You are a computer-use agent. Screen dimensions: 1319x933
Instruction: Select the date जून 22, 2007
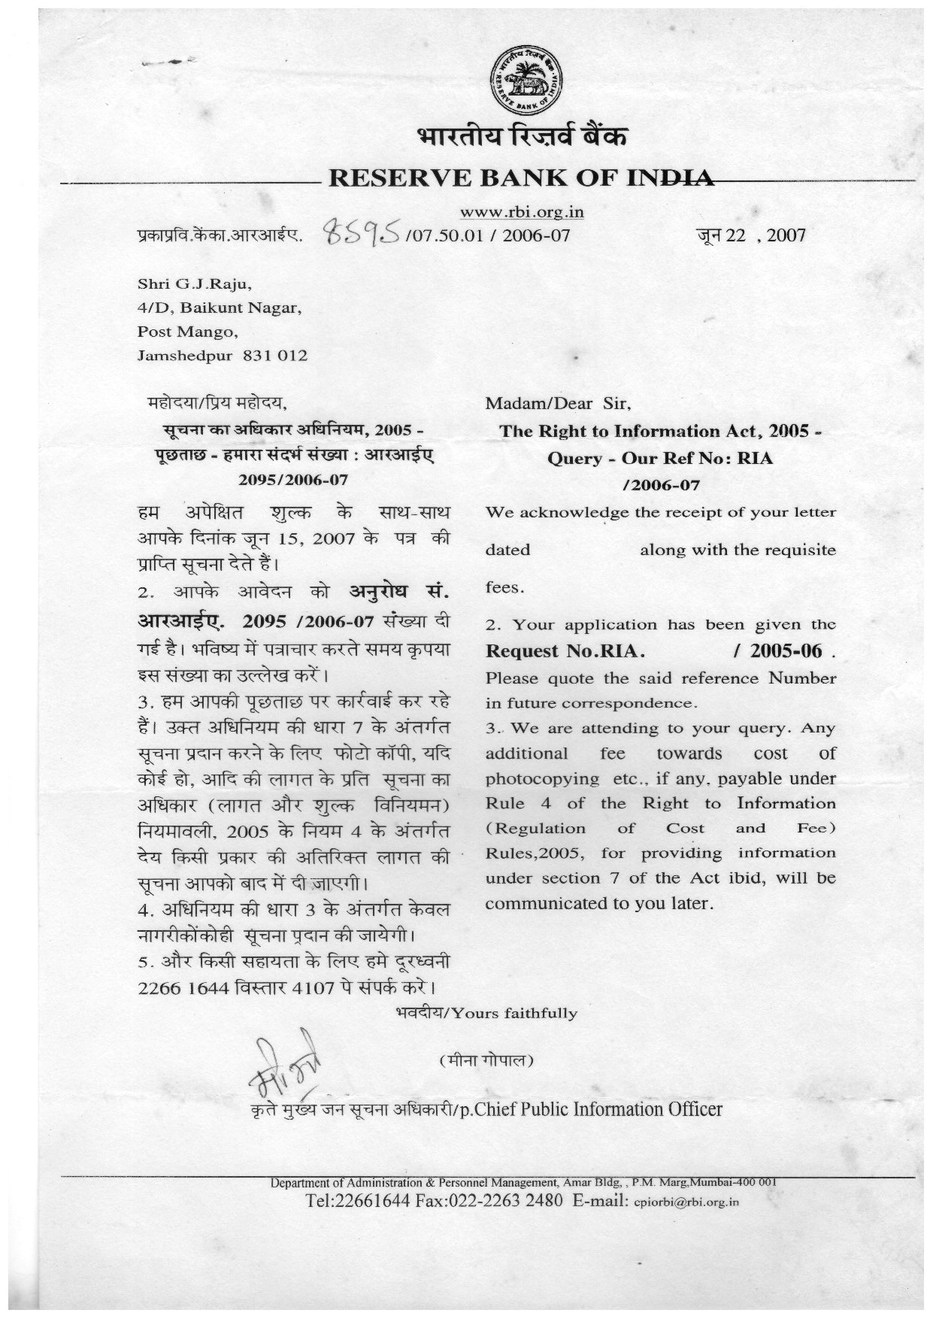pyautogui.click(x=751, y=235)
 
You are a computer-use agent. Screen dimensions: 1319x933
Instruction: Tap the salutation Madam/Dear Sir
pyautogui.click(x=558, y=403)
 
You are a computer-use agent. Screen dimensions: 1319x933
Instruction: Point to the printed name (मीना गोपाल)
pyautogui.click(x=486, y=1061)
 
